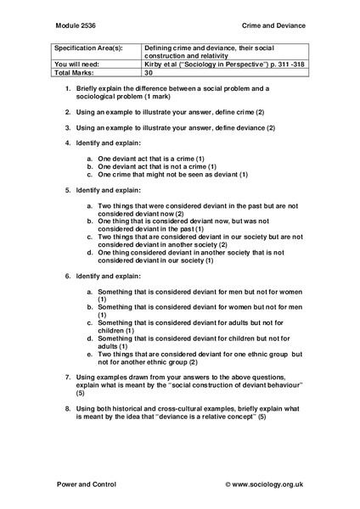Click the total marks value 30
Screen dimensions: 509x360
(149, 74)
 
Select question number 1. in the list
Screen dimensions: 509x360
(68, 88)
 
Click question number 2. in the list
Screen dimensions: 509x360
(68, 112)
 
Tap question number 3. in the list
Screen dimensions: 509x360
(68, 127)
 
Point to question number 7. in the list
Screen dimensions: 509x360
(68, 375)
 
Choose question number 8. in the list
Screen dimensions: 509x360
(68, 407)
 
